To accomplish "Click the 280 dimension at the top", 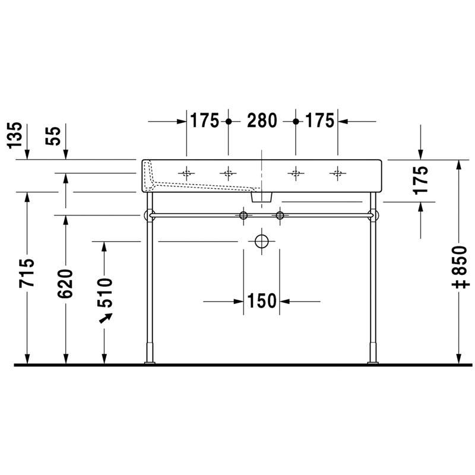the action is (262, 121).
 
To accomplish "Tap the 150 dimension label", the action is (262, 301).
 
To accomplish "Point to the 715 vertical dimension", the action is (27, 273).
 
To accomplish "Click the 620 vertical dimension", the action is (65, 284).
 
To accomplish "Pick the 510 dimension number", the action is (105, 292).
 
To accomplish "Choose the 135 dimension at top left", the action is (15, 135).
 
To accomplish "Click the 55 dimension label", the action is (53, 136).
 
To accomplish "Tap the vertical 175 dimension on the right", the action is (420, 180).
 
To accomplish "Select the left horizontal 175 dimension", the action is (204, 121).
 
